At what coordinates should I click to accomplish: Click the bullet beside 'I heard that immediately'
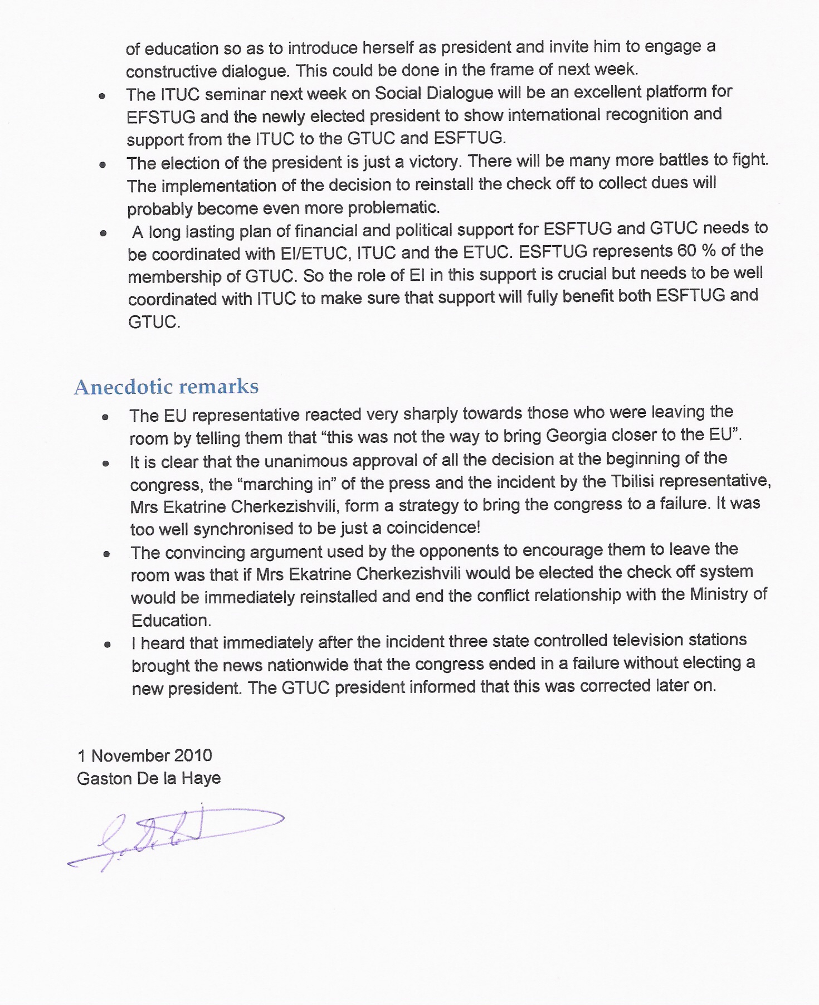(107, 645)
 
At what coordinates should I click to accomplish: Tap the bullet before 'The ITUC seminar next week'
(102, 96)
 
